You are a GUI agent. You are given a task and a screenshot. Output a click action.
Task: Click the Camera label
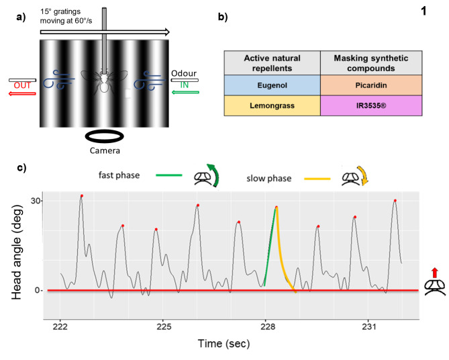coord(105,151)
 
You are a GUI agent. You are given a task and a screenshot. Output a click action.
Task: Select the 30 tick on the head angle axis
coord(37,201)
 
